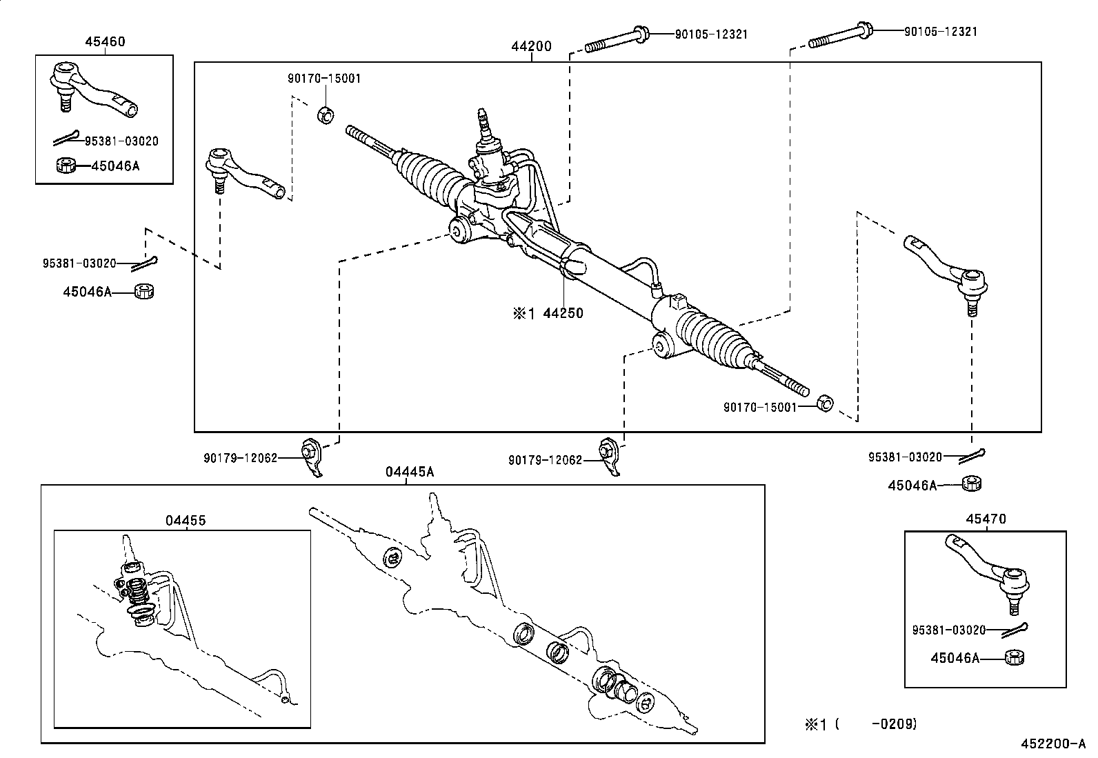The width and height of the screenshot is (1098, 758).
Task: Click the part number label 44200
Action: [531, 47]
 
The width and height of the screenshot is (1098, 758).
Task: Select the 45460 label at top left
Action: [105, 41]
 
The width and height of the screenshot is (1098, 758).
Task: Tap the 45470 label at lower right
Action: [986, 519]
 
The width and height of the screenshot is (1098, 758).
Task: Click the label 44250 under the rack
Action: [563, 313]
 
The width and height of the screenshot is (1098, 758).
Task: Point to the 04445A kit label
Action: [410, 472]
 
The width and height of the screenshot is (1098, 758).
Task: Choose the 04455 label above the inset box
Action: [185, 521]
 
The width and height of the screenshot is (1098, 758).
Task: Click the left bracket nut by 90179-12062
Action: [310, 452]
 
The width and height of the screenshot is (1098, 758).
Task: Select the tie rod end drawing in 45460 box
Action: [93, 89]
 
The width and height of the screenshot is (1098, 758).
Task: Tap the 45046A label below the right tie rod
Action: [912, 486]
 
